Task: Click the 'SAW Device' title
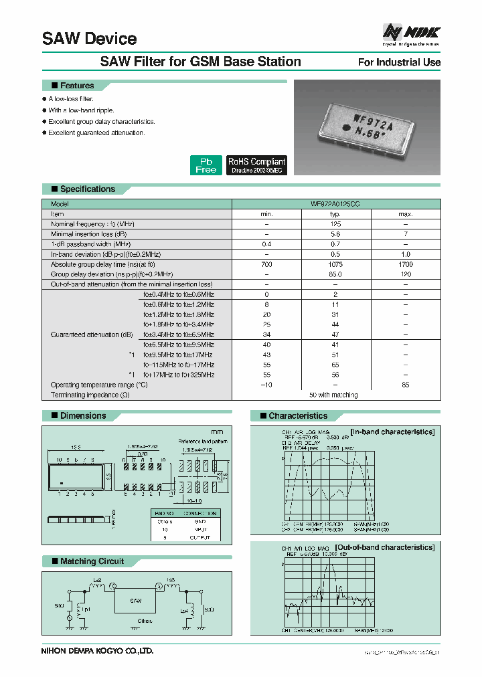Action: coord(89,39)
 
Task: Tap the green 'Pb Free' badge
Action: coord(206,165)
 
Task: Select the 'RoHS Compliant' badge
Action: coord(256,165)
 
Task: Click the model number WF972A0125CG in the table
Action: coord(336,203)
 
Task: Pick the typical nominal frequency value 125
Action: coord(336,224)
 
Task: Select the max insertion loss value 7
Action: coord(406,234)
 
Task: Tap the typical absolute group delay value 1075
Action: coord(336,265)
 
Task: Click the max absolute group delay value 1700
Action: coord(406,265)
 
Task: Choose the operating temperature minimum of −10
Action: coord(266,385)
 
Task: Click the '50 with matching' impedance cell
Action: coord(336,395)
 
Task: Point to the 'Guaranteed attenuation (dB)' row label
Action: coord(92,334)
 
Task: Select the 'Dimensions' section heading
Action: coord(82,415)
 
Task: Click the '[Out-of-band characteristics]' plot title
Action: coord(392,547)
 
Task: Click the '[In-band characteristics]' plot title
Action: coord(393,431)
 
